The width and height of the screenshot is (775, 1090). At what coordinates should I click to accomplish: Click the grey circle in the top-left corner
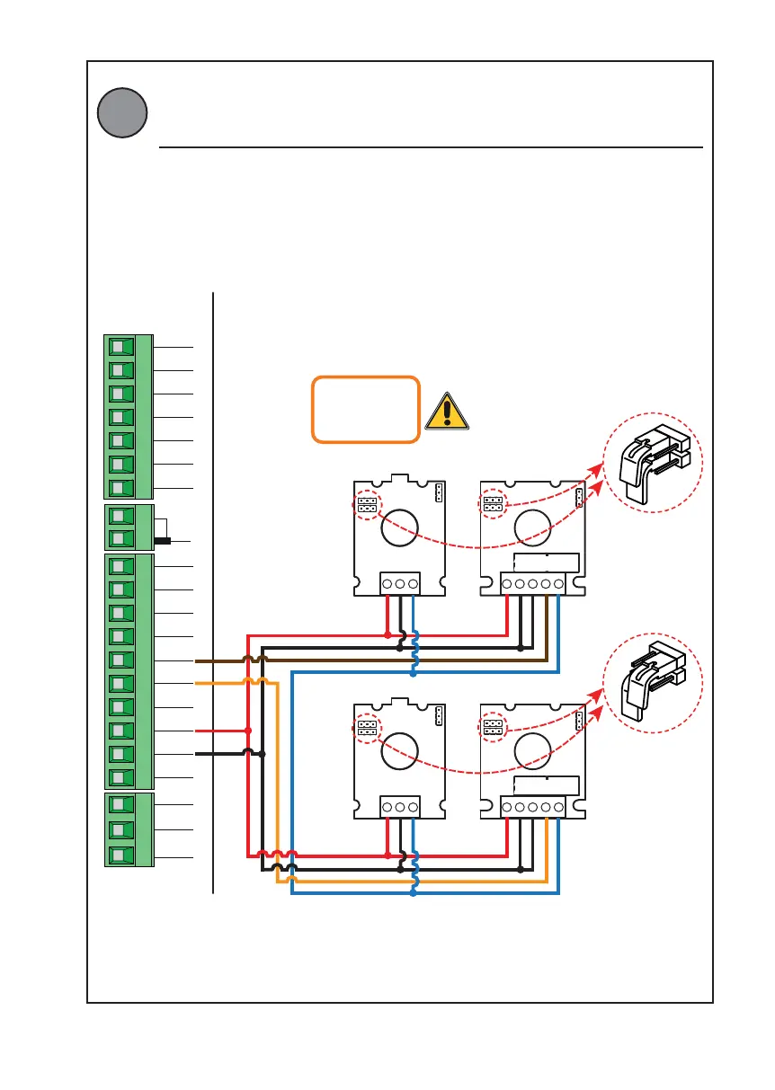point(122,112)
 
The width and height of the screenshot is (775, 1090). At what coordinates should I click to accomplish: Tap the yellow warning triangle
point(447,411)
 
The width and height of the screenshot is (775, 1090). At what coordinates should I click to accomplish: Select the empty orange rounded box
point(366,410)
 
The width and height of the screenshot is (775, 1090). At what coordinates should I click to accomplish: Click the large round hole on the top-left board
point(399,527)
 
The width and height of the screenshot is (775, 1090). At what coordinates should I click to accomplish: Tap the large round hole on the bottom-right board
point(531,748)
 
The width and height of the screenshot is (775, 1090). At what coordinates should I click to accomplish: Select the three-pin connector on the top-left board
point(399,583)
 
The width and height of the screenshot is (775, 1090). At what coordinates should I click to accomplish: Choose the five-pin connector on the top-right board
point(532,584)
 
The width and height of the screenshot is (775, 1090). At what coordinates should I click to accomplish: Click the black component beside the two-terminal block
point(163,541)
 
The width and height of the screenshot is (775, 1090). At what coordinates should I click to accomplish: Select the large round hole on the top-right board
point(531,527)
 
